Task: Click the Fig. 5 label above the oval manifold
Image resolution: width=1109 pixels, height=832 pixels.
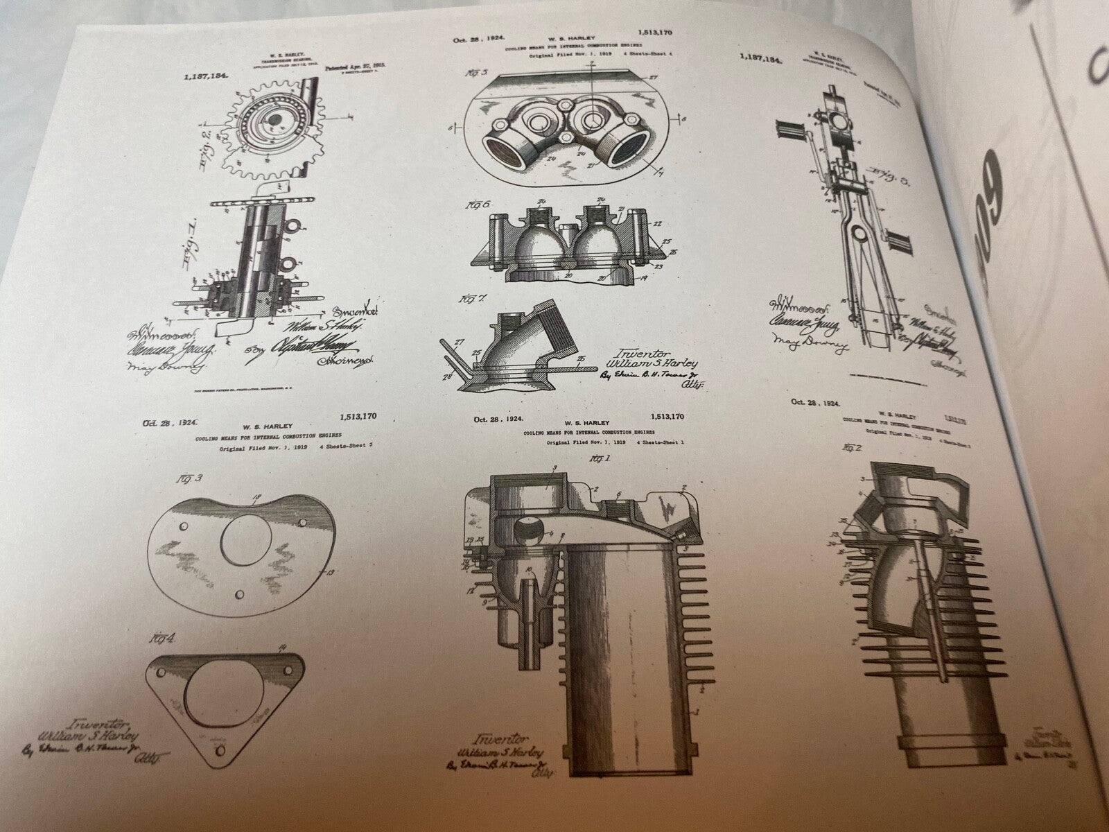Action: coord(479,71)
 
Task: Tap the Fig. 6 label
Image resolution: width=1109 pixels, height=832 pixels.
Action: coord(479,206)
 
